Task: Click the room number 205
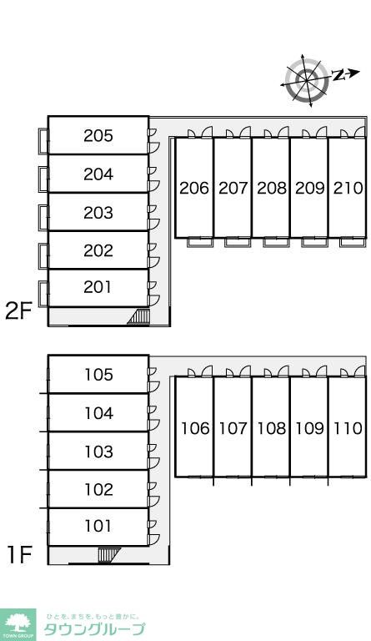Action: coord(98,136)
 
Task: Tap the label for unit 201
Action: coord(98,287)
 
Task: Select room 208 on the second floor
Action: coord(272,188)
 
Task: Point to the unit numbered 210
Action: coord(348,188)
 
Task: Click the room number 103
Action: coord(98,452)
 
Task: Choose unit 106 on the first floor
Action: coord(195,428)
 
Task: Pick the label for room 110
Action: coord(348,428)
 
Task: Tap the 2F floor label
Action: coord(18,310)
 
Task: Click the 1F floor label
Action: coord(19,555)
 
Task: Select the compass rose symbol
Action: coord(307,80)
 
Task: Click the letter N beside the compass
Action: coord(338,75)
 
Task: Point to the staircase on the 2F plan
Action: coord(139,317)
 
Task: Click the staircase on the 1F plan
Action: coord(109,555)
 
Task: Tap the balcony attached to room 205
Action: coord(43,141)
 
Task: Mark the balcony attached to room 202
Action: coord(43,256)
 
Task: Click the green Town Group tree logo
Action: coord(18,624)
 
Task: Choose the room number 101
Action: coord(98,526)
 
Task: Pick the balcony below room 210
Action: coord(353,242)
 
